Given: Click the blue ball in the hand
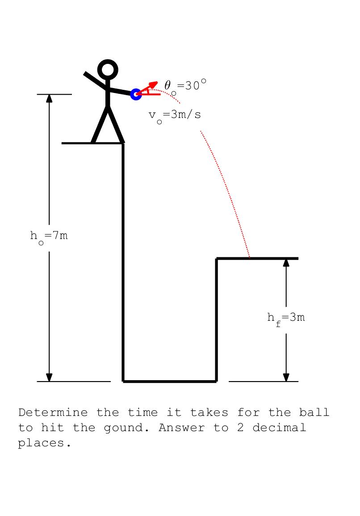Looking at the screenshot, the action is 136,94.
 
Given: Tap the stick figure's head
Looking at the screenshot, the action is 108,70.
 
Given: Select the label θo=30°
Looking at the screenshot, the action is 185,86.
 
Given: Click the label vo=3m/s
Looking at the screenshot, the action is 174,116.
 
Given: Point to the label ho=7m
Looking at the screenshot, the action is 49,237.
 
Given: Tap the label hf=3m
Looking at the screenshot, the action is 286,319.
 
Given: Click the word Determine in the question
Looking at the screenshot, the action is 53,412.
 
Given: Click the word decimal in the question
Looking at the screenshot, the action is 279,428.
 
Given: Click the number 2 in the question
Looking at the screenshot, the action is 241,428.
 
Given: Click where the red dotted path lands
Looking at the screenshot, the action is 250,258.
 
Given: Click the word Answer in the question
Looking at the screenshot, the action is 182,428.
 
